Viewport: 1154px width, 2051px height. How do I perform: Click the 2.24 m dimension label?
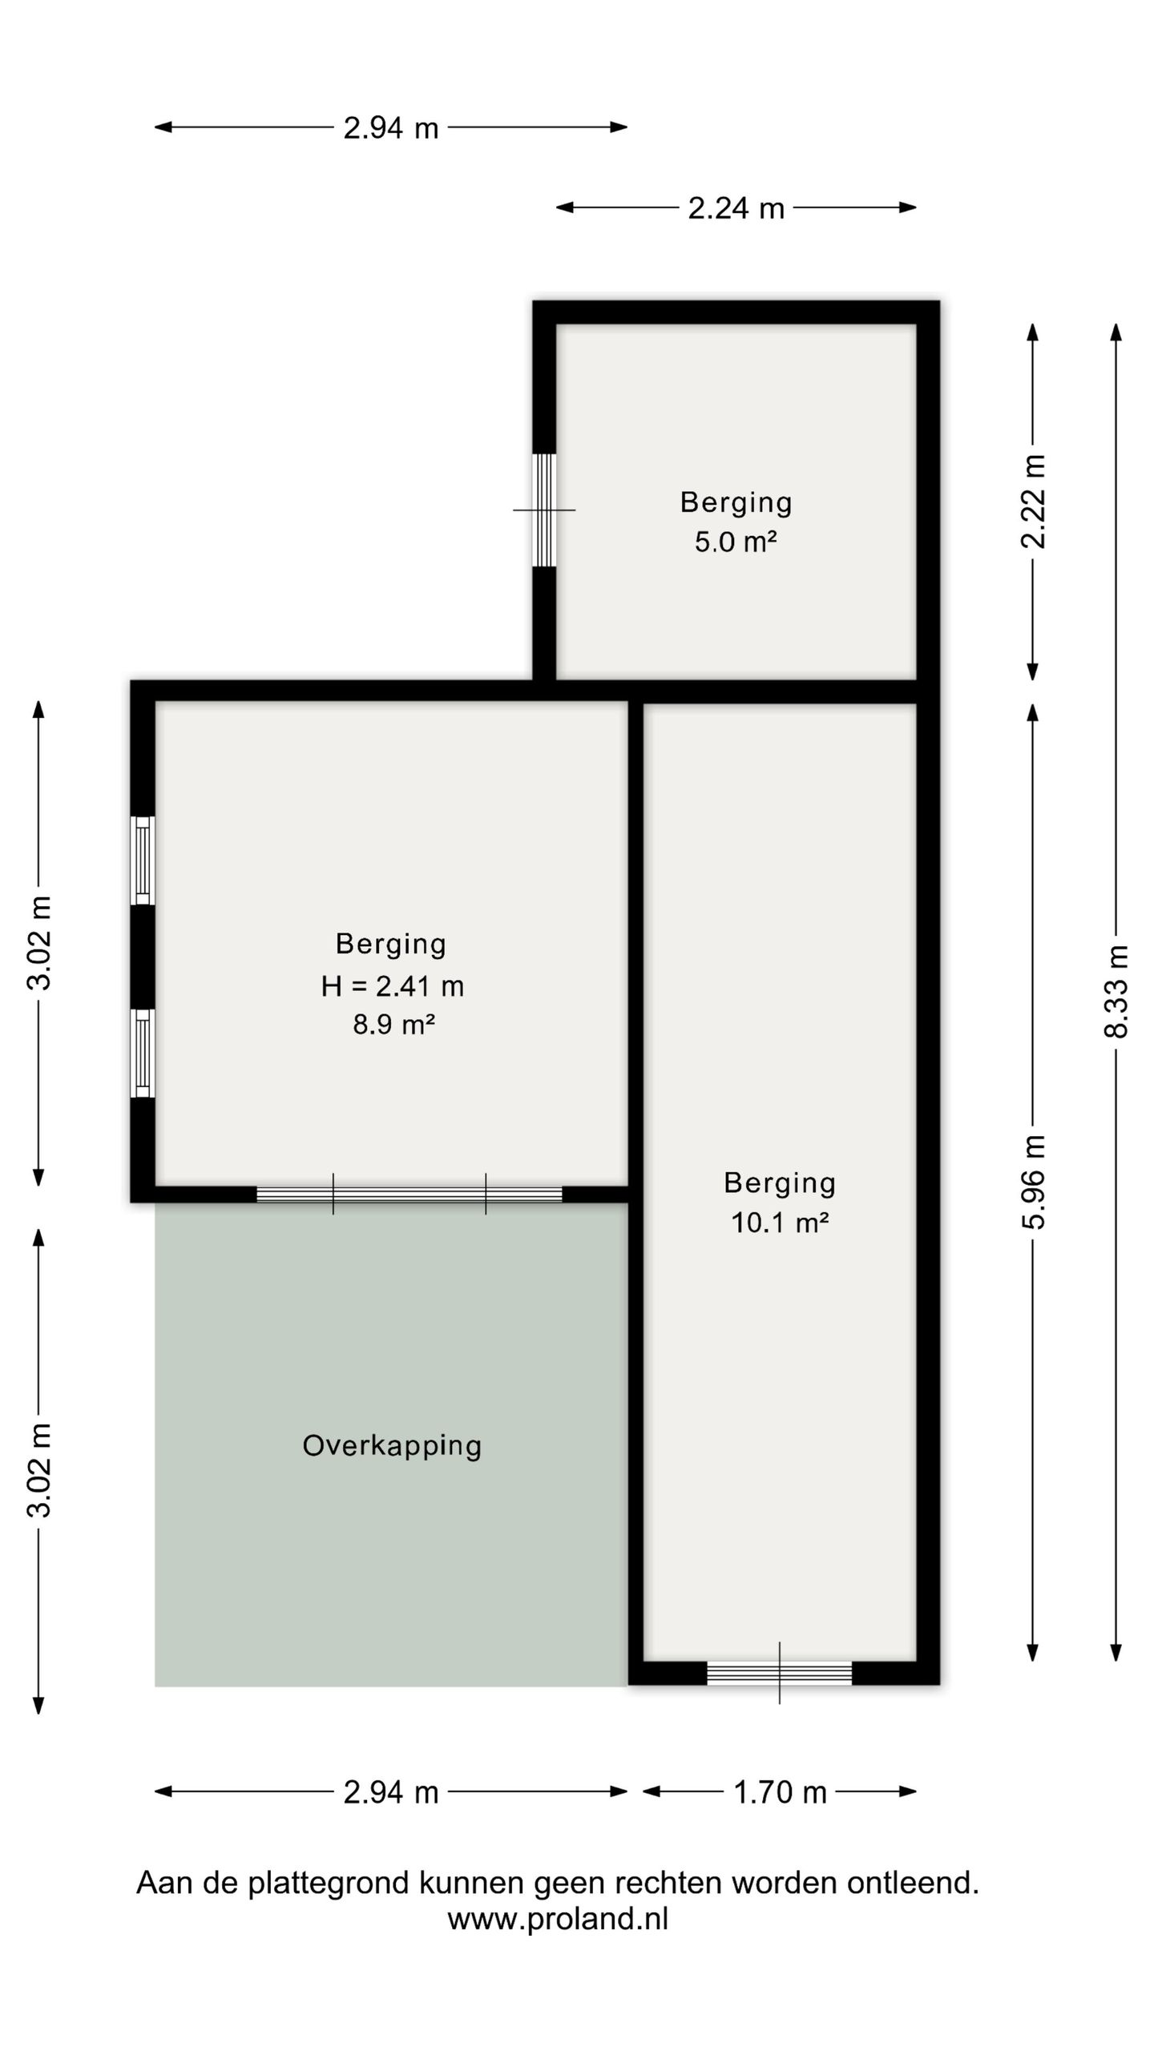(x=736, y=208)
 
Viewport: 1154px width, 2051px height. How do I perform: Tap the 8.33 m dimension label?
(x=1116, y=992)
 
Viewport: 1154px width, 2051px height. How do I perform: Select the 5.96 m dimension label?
(x=1034, y=1182)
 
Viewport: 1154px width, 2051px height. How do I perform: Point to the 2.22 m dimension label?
(x=1034, y=502)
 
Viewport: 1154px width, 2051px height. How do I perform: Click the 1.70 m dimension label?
(x=780, y=1792)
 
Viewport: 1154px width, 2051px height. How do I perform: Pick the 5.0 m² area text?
(x=736, y=542)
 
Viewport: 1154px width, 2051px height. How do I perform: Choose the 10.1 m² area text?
(x=780, y=1223)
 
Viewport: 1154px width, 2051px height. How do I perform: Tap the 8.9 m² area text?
(x=393, y=1025)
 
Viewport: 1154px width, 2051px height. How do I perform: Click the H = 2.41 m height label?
(x=393, y=986)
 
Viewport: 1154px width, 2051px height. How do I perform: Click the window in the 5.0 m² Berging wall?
(x=545, y=510)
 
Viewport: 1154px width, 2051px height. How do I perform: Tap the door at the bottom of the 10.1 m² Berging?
(x=779, y=1673)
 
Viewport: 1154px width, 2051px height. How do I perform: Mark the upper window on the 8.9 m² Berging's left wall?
(x=143, y=860)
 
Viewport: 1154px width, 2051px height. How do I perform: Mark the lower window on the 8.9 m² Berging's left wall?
(x=143, y=1053)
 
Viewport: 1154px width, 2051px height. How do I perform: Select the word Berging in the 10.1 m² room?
(x=780, y=1183)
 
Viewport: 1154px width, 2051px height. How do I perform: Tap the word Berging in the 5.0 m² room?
(x=736, y=502)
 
